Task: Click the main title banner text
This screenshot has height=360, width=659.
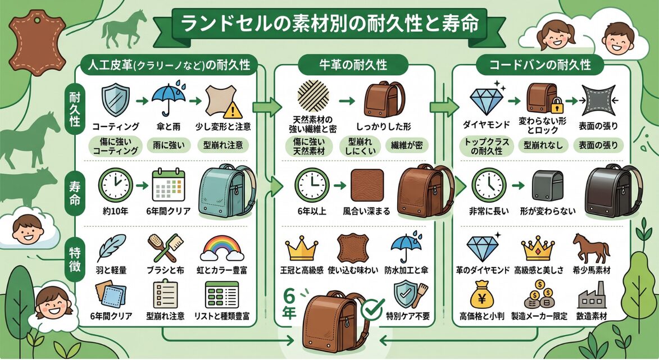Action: (329, 24)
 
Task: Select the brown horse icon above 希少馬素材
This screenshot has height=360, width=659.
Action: (590, 247)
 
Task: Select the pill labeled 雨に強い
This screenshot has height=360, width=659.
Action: (169, 145)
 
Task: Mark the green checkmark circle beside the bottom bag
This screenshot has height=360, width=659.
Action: (371, 308)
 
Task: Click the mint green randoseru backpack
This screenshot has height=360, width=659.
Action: (225, 191)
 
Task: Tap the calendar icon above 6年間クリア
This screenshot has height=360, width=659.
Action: (169, 184)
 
